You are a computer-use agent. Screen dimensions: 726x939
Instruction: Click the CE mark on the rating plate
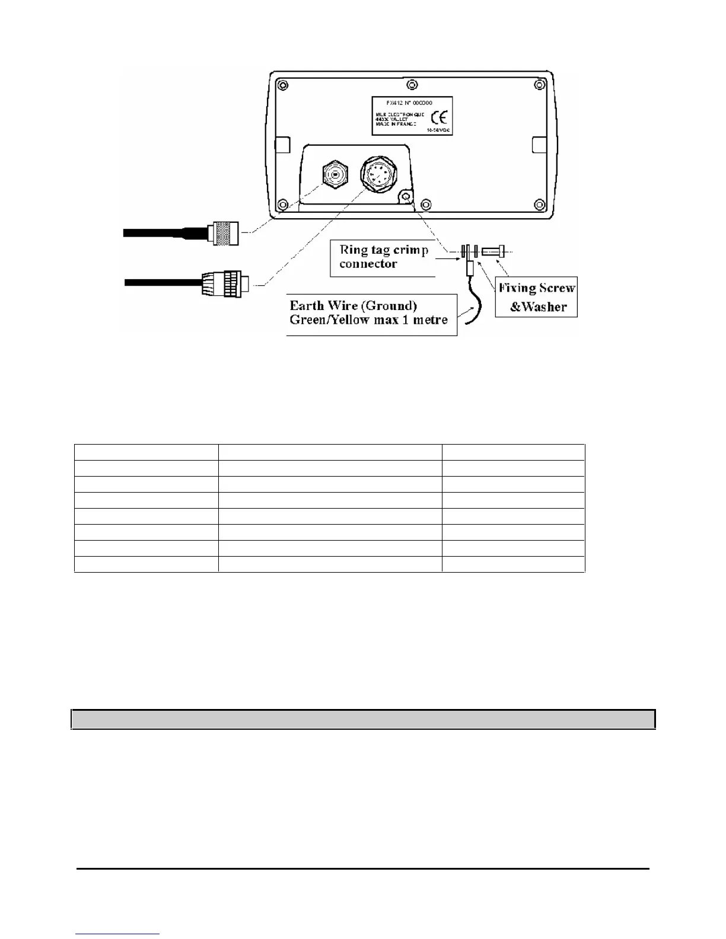point(439,116)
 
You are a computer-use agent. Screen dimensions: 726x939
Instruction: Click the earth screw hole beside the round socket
point(406,196)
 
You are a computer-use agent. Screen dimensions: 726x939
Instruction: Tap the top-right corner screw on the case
point(539,85)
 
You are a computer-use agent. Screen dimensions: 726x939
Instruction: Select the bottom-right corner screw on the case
point(539,205)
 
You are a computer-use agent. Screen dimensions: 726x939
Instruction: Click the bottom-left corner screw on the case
point(284,205)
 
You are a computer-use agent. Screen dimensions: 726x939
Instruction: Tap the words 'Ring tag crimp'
point(384,250)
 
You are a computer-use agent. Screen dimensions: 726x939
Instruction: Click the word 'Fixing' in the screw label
point(517,289)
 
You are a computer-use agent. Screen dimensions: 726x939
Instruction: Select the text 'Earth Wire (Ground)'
point(354,306)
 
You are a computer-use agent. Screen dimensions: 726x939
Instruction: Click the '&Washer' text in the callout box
point(539,306)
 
